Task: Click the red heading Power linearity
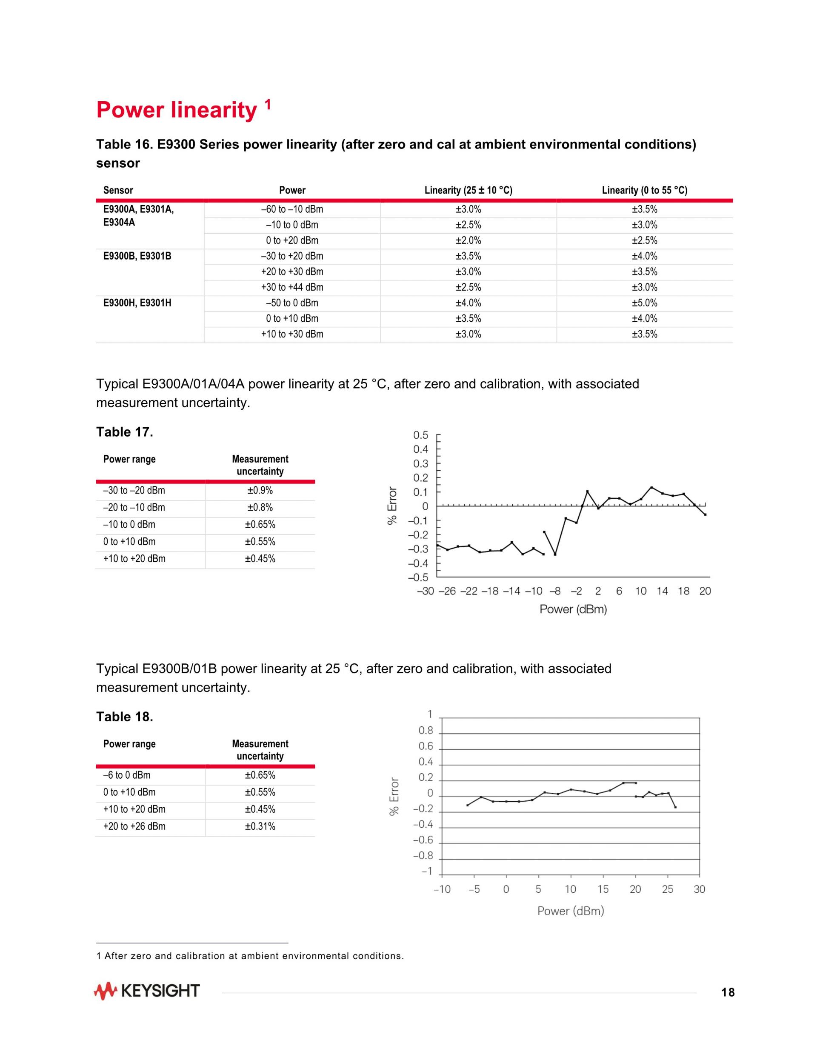pyautogui.click(x=177, y=110)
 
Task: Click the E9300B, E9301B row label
pyautogui.click(x=137, y=256)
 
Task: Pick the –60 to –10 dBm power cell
pyautogui.click(x=292, y=209)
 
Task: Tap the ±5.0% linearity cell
pyautogui.click(x=644, y=303)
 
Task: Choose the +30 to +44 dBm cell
pyautogui.click(x=292, y=288)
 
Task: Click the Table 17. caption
pyautogui.click(x=124, y=432)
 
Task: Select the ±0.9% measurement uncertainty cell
pyautogui.click(x=260, y=491)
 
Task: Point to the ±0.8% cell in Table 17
pyautogui.click(x=260, y=508)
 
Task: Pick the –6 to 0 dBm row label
pyautogui.click(x=127, y=775)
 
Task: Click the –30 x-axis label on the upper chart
pyautogui.click(x=426, y=591)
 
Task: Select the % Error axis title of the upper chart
pyautogui.click(x=392, y=505)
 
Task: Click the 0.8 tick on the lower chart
pyautogui.click(x=426, y=731)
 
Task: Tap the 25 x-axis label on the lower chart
pyautogui.click(x=668, y=889)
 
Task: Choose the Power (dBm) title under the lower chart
pyautogui.click(x=571, y=911)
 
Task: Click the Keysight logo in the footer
pyautogui.click(x=147, y=991)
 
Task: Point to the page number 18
pyautogui.click(x=728, y=993)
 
